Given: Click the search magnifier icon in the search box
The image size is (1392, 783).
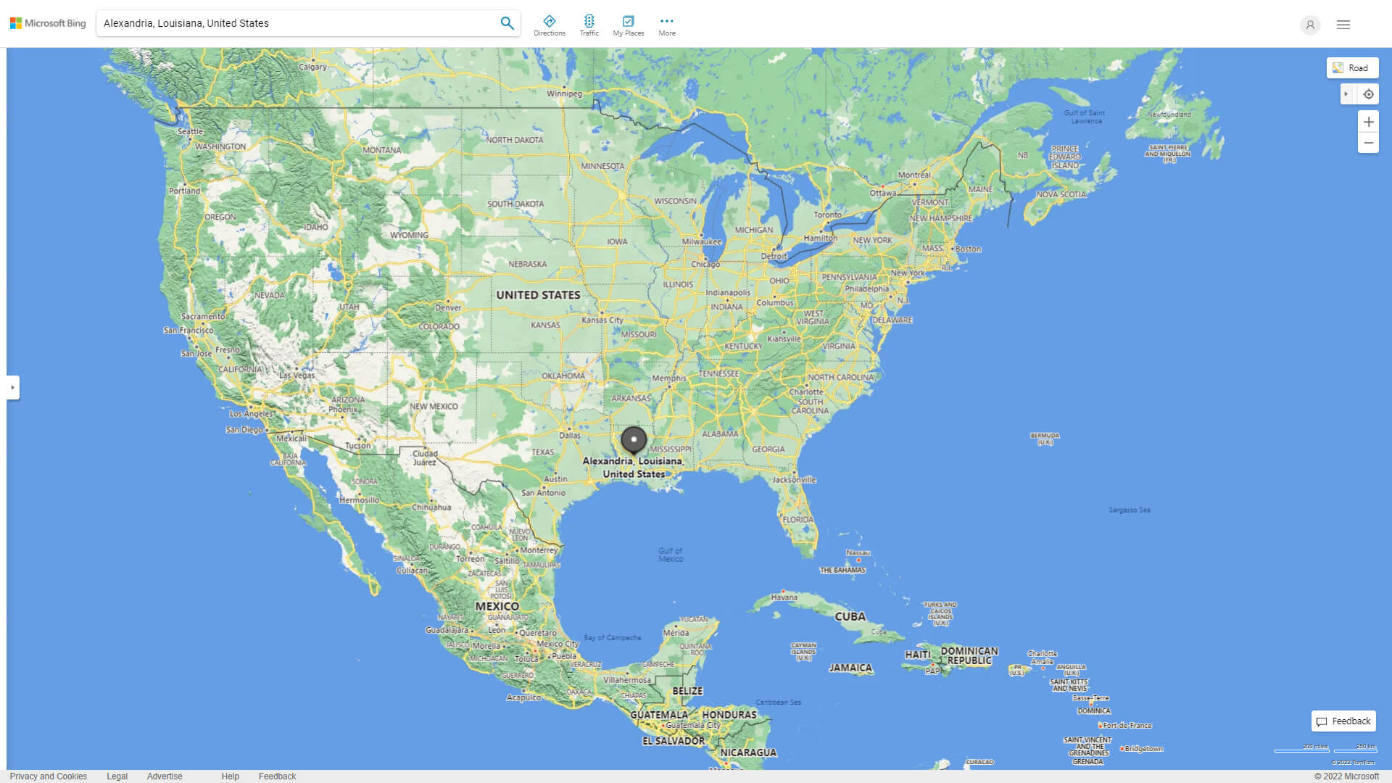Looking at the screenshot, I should (507, 23).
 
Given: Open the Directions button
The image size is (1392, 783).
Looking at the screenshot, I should (550, 25).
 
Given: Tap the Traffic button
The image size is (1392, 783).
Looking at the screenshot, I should (589, 25).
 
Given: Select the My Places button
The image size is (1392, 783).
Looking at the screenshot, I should (628, 25).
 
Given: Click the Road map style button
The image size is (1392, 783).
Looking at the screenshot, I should (1352, 68).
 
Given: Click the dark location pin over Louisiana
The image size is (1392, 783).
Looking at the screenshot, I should (634, 439).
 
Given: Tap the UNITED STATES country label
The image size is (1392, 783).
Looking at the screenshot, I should (538, 295).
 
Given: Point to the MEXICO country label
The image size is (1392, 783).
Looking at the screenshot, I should (497, 606).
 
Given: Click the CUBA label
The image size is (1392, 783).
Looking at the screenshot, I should (850, 617).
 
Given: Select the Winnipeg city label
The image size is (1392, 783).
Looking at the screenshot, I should (565, 94).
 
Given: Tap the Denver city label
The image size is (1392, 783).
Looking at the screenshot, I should (448, 307).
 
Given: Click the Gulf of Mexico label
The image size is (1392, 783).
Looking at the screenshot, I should (671, 555).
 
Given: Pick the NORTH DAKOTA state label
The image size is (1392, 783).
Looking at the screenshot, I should (515, 140).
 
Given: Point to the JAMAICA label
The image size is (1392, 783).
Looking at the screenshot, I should (850, 668).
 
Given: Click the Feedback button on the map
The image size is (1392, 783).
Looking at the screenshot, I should (1343, 721).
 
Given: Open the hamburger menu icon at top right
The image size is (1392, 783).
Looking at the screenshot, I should (1343, 25).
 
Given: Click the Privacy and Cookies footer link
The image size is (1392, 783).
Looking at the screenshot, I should (49, 776).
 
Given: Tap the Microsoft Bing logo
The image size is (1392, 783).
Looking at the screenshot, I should (48, 23).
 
